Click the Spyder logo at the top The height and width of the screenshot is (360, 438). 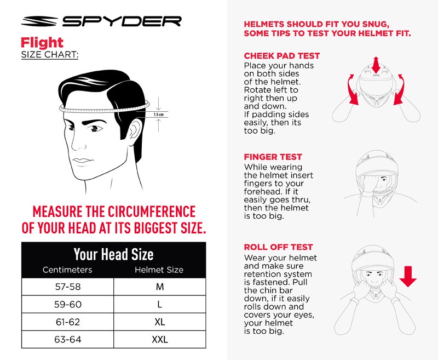[x=101, y=21]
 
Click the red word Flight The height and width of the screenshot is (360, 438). [x=42, y=42]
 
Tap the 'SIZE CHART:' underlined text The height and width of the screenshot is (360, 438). [x=49, y=55]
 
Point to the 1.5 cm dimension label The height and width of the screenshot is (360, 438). [x=159, y=115]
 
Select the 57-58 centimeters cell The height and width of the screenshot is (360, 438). [x=67, y=287]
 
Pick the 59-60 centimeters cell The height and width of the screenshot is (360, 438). [x=67, y=304]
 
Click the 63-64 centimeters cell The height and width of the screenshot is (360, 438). [x=67, y=340]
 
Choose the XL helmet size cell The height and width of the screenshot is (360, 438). [x=159, y=322]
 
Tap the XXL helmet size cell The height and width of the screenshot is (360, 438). [x=159, y=340]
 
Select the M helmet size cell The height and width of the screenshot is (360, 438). [x=159, y=287]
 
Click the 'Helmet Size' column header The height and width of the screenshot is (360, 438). [x=159, y=270]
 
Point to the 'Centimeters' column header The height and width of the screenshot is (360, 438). [x=67, y=270]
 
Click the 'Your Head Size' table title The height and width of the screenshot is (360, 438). [x=113, y=254]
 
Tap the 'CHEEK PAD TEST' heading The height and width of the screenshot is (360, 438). [x=281, y=56]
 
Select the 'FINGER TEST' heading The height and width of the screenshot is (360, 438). [x=273, y=157]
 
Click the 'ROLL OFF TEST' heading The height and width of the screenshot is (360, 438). [x=278, y=247]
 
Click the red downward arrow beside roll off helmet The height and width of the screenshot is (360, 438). [x=408, y=276]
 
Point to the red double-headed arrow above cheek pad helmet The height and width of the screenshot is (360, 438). [x=376, y=64]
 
